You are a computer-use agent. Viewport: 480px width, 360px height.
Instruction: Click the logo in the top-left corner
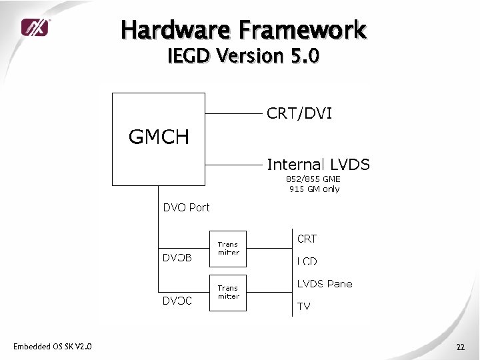click(x=34, y=27)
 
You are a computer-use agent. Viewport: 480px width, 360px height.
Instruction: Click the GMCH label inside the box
click(x=159, y=137)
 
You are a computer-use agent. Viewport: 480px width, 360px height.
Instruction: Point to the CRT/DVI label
click(x=299, y=114)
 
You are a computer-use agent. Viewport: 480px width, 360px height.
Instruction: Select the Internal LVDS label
click(x=318, y=164)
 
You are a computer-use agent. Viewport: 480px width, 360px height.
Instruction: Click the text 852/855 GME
click(x=313, y=179)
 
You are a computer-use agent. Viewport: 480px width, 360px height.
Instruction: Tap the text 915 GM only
click(x=314, y=189)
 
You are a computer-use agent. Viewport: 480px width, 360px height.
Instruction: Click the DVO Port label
click(x=186, y=207)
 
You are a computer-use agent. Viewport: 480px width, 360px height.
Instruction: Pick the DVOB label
click(x=177, y=258)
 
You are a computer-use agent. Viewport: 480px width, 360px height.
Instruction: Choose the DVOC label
click(x=177, y=301)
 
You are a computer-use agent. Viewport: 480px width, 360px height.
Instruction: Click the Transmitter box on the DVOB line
click(x=228, y=249)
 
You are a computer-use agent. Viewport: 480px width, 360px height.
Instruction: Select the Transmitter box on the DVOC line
click(x=228, y=292)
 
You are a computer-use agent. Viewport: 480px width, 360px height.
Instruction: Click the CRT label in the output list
click(x=307, y=239)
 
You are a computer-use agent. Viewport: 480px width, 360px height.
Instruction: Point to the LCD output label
click(x=307, y=261)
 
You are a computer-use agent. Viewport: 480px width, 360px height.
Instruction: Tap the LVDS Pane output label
click(x=324, y=284)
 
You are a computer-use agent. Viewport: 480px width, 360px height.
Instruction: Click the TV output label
click(x=303, y=307)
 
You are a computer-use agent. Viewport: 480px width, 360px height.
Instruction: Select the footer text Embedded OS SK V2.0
click(x=53, y=346)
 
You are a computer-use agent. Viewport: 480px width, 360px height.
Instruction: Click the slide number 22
click(x=461, y=347)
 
